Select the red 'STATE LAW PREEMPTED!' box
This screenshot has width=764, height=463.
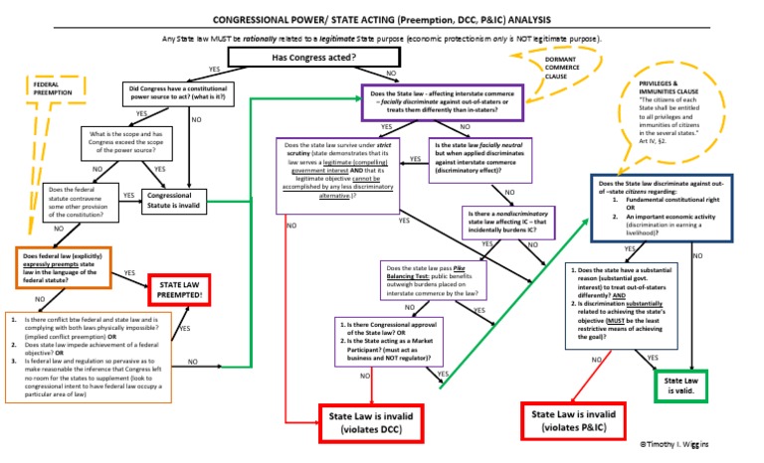[184, 289]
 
